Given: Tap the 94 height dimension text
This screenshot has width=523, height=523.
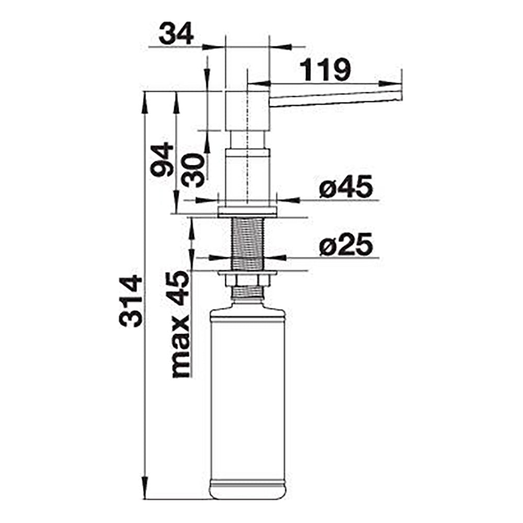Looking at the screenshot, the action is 162,160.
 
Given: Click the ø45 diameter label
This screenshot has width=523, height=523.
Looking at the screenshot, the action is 346,187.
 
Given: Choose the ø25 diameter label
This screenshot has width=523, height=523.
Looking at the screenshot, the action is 346,244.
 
